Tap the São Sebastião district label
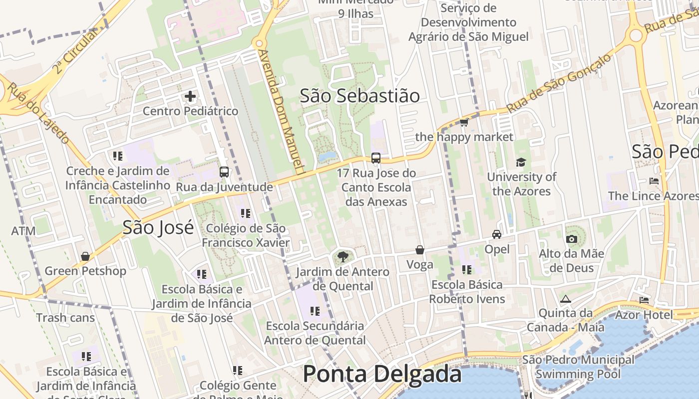pyautogui.click(x=359, y=96)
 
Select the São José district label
pyautogui.click(x=158, y=227)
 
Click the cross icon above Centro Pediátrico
pyautogui.click(x=190, y=96)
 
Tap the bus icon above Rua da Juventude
pyautogui.click(x=224, y=172)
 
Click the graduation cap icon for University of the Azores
pyautogui.click(x=521, y=162)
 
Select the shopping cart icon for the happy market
pyautogui.click(x=464, y=122)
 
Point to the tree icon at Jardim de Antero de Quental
pyautogui.click(x=343, y=257)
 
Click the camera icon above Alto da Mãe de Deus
pyautogui.click(x=572, y=239)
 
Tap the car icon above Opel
pyautogui.click(x=497, y=234)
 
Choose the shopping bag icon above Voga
pyautogui.click(x=420, y=249)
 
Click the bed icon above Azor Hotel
pyautogui.click(x=644, y=300)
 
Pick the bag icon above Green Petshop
pyautogui.click(x=85, y=256)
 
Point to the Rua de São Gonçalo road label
pyautogui.click(x=559, y=83)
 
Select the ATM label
pyautogui.click(x=23, y=231)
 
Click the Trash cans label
pyautogui.click(x=65, y=317)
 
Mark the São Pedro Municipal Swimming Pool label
pyautogui.click(x=578, y=367)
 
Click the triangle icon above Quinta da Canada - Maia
pyautogui.click(x=565, y=299)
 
